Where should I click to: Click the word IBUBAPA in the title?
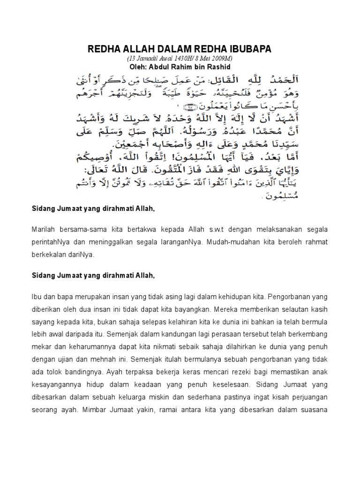click(x=248, y=50)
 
